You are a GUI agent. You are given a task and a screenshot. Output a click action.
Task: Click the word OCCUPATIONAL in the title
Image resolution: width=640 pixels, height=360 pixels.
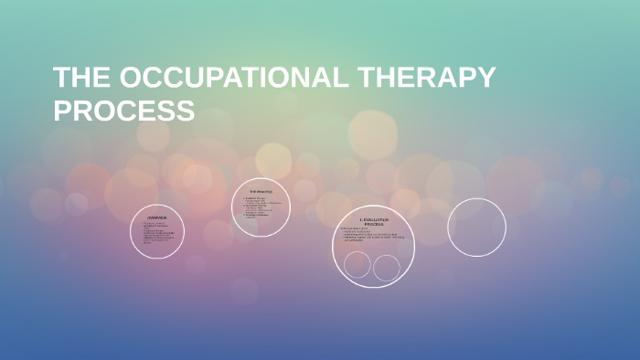tap(231, 79)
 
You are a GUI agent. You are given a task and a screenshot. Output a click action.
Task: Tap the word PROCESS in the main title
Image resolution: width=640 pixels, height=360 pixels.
tap(123, 111)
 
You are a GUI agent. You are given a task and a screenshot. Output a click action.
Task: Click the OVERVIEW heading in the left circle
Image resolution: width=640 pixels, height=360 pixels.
tap(157, 217)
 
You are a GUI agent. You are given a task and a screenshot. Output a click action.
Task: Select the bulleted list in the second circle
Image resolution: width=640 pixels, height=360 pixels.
tap(261, 207)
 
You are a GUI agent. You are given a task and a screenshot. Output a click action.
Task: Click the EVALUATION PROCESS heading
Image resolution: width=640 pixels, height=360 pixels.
tap(373, 221)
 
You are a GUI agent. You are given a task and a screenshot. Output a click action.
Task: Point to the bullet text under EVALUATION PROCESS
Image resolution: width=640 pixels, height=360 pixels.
tap(373, 235)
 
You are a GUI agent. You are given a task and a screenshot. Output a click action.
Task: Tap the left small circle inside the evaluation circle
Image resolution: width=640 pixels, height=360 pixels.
tap(357, 265)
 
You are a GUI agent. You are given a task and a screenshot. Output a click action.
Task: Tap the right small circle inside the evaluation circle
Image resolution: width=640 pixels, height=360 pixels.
tap(387, 268)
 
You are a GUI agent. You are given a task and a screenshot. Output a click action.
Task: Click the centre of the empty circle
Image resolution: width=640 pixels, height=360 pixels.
tap(476, 227)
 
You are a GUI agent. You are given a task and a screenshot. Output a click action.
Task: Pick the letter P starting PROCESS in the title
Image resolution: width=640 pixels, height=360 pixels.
tap(63, 111)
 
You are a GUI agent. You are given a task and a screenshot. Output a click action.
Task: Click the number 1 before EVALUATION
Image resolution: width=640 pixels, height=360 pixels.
tap(361, 219)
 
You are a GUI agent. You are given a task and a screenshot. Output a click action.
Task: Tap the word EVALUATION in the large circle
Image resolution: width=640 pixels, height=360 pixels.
tap(376, 219)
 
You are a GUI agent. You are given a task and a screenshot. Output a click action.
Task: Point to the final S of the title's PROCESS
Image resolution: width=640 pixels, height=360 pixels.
tap(185, 111)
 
